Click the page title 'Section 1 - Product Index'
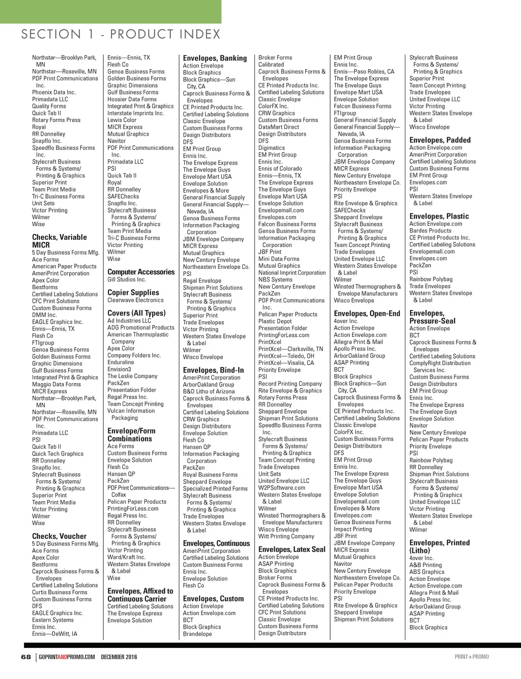pos(121,35)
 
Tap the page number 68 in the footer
pos(26,657)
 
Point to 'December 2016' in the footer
pos(119,657)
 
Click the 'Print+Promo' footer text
pos(472,657)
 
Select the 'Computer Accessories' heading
pos(141,272)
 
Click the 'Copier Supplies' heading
pos(133,292)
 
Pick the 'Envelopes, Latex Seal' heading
pos(292,549)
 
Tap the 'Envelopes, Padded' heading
pos(440,140)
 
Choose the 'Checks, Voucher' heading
pos(59,536)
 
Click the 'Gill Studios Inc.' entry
pos(127,280)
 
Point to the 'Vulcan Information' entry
pos(131,411)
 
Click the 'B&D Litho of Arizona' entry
pos(209,391)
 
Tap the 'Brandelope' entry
pos(197,634)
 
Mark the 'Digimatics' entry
pos(272,148)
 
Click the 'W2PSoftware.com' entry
pos(282,487)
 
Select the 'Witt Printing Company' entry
pos(286,536)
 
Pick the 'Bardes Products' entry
pos(430,231)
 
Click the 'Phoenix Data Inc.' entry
pos(54,92)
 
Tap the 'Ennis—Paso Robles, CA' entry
pos(364,72)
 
